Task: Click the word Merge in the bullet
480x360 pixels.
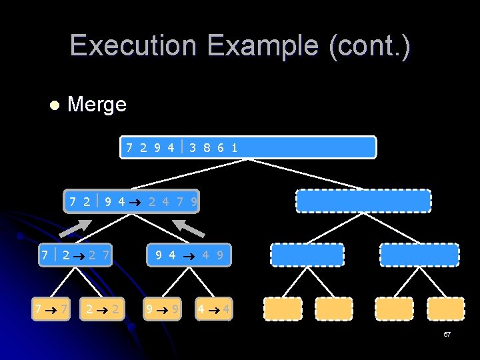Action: (97, 105)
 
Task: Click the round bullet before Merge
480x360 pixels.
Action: (54, 105)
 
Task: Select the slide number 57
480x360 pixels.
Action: (447, 333)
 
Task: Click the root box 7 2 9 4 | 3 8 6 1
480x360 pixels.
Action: (248, 147)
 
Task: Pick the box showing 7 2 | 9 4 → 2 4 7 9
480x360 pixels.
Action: (131, 201)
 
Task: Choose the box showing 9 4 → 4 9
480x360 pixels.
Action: (189, 255)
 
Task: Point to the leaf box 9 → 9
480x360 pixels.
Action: (162, 309)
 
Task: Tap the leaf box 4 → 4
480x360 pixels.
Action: (214, 309)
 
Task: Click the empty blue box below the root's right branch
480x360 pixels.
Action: (363, 201)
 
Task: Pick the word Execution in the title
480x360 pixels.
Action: (134, 45)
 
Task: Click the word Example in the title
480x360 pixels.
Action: (263, 45)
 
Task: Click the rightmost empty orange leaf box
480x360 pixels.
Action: (445, 309)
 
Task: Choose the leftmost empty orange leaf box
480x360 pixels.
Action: (283, 309)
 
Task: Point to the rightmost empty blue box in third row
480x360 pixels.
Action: (419, 255)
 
